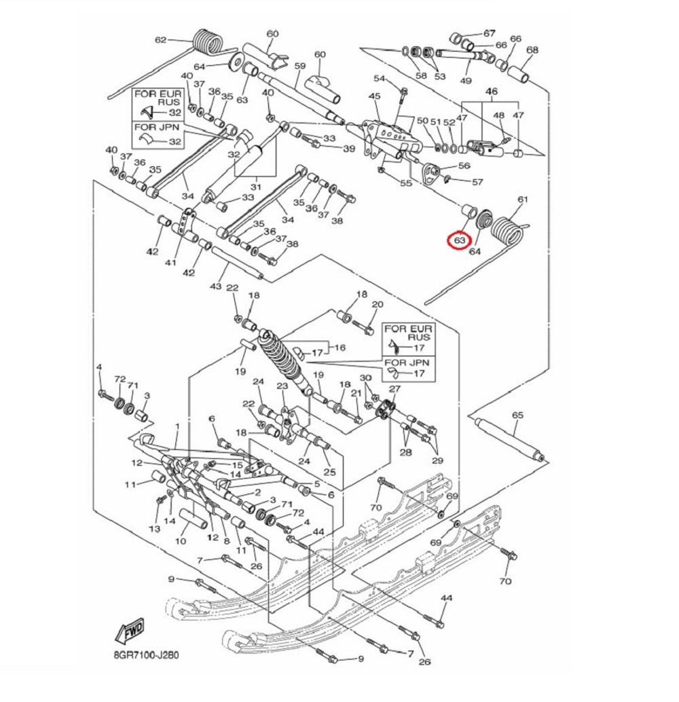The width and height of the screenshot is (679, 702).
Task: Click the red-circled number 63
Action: point(460,240)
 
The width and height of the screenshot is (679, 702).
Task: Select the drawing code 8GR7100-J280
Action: point(147,657)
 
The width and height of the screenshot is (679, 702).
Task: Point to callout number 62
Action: point(161,40)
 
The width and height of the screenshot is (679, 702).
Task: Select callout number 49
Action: point(465,81)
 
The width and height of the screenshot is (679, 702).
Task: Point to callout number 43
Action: point(216,287)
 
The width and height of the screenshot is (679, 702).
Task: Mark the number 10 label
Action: point(180,542)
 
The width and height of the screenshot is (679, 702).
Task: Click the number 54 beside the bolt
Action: point(380,79)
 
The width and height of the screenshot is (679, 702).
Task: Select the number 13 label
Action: point(155,529)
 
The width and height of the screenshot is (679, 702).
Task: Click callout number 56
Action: point(464,166)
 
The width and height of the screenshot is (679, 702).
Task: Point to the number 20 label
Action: point(378,304)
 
